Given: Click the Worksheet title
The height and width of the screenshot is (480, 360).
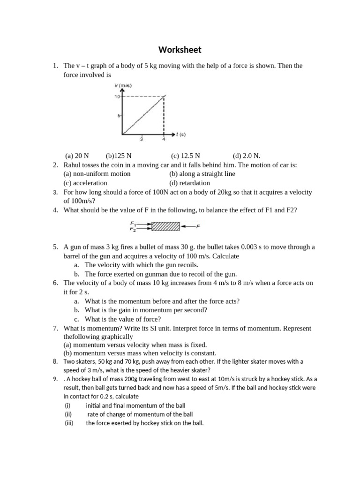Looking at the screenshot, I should [180, 50].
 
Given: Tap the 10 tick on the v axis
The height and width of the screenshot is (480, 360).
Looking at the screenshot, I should [117, 96].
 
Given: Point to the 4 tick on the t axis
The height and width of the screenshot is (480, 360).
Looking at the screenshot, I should [163, 139].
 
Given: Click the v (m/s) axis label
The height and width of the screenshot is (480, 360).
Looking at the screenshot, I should [123, 85].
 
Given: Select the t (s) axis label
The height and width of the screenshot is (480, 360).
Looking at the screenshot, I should [181, 135].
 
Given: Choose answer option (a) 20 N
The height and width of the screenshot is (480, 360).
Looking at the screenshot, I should [77, 156].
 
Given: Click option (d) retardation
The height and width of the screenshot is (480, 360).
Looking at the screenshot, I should [189, 183].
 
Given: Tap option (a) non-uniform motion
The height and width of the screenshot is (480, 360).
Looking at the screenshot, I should [97, 174].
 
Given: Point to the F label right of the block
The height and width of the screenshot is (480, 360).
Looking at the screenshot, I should [198, 226].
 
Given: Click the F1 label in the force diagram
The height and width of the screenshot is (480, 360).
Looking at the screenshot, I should [133, 224].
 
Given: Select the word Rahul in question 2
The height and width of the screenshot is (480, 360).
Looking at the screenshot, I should [73, 165].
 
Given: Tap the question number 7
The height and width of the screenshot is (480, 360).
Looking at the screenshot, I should [55, 329].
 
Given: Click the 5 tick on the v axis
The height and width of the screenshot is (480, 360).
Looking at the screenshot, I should [119, 115].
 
